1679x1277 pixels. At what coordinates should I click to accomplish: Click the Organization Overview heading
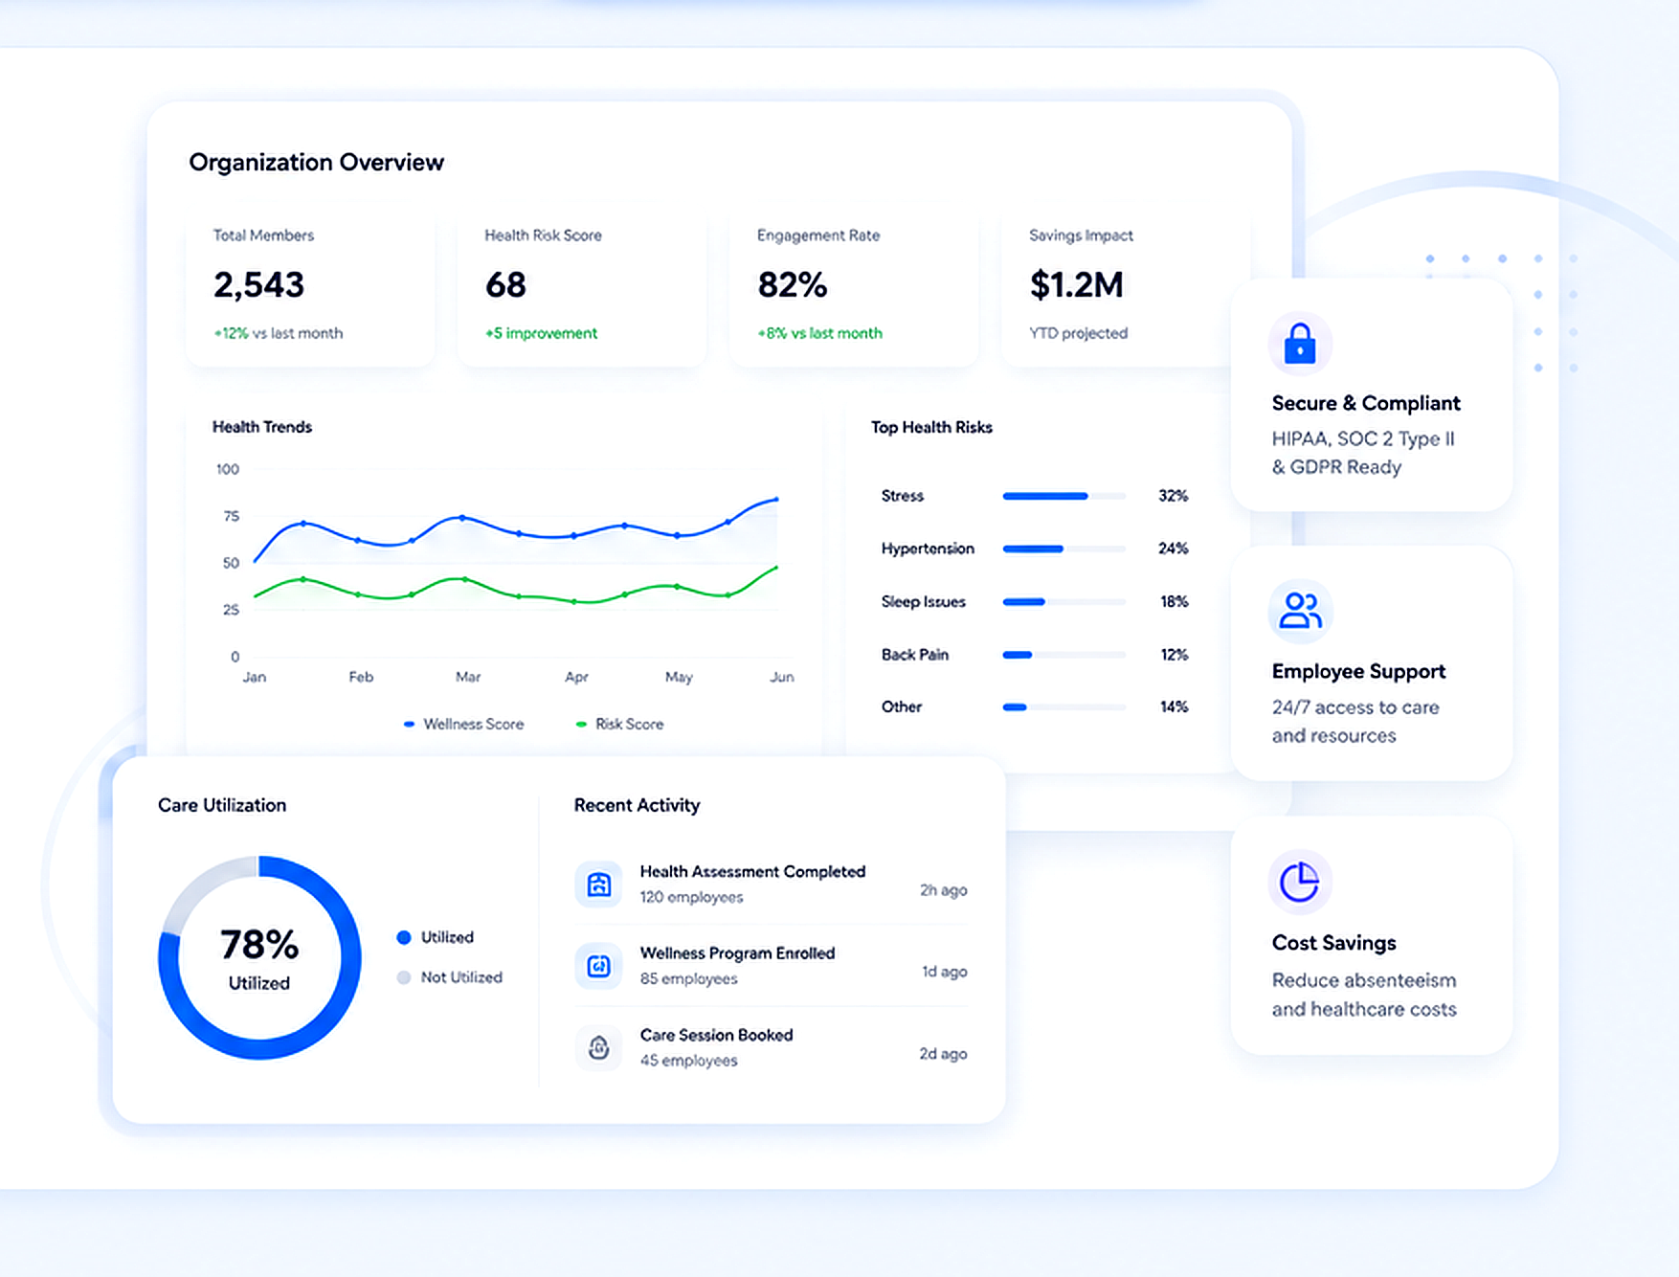[316, 163]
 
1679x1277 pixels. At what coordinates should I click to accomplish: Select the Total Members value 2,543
[258, 284]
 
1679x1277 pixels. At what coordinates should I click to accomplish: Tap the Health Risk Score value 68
[505, 284]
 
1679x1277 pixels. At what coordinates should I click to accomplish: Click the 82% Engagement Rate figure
[792, 284]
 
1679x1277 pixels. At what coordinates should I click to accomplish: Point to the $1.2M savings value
[1076, 284]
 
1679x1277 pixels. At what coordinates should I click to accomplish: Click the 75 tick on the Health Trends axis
[231, 516]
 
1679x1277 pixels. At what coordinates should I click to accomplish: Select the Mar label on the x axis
[468, 677]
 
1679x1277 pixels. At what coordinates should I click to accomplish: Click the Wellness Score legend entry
[463, 725]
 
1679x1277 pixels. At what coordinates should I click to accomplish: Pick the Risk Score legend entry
[619, 725]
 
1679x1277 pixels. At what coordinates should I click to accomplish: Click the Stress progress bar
[1063, 496]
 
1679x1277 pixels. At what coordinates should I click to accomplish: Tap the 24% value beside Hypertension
[1173, 549]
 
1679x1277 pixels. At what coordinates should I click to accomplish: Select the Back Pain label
[914, 655]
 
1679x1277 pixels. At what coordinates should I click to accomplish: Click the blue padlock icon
[1300, 344]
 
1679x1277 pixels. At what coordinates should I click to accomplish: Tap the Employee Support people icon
[1300, 611]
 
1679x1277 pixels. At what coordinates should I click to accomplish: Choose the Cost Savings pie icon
[1300, 882]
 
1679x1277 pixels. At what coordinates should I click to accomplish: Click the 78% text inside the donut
[259, 945]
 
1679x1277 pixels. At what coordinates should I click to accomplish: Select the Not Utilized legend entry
[450, 977]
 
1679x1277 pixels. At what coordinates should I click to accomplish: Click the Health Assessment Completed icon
[599, 885]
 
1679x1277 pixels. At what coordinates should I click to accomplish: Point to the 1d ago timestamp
[944, 972]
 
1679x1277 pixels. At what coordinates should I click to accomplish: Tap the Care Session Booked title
[716, 1035]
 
